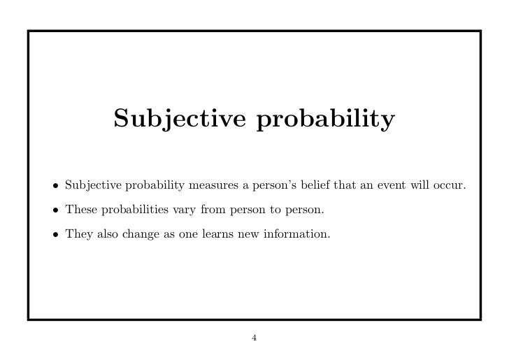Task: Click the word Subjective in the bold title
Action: pos(180,120)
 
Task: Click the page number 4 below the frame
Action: pos(254,339)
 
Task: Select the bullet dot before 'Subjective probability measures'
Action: pos(54,186)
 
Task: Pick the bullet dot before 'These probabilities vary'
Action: pos(54,210)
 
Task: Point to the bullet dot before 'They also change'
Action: pos(54,233)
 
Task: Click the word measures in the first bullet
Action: pos(210,186)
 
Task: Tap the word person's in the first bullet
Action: pos(271,186)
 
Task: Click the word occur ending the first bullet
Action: pos(450,185)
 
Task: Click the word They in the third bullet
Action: pos(77,233)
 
